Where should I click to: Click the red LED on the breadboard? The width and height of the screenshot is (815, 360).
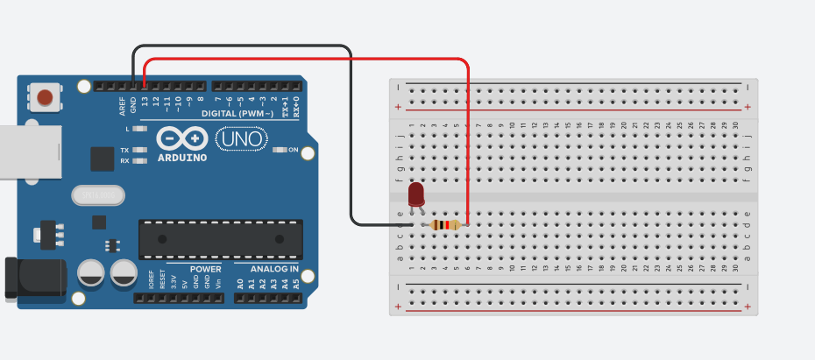[416, 194]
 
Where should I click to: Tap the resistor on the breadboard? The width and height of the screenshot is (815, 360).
[446, 225]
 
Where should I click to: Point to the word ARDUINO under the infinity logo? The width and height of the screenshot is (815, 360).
[182, 159]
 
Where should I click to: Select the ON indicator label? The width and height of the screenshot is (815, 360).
[294, 151]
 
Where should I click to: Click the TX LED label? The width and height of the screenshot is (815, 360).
[124, 151]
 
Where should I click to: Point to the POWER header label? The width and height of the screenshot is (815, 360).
[205, 269]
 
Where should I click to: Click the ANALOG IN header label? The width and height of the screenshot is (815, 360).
[274, 269]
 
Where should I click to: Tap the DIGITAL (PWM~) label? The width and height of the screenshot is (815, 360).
[237, 114]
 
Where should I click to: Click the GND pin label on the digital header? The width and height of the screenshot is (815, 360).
[134, 106]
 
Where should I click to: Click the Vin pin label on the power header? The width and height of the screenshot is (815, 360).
[217, 283]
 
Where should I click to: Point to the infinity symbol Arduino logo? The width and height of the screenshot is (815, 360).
[182, 139]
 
